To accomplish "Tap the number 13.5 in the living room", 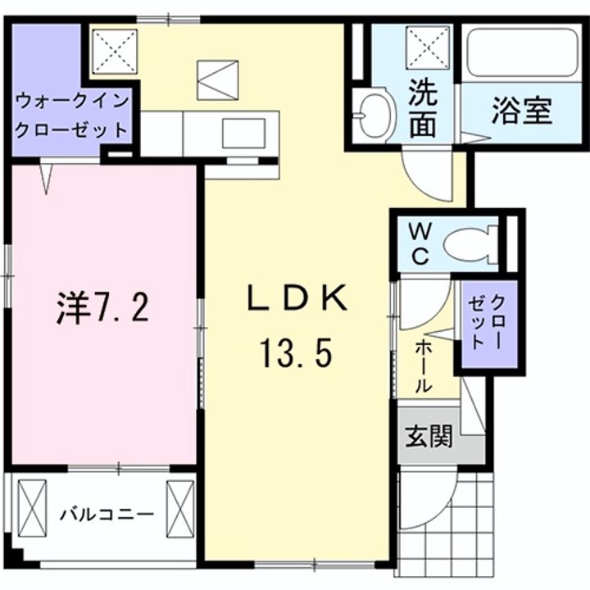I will (x=296, y=354).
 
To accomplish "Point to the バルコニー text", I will (x=107, y=515).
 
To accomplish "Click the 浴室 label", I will (x=520, y=111).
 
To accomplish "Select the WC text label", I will (x=419, y=243).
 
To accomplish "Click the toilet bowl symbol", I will (x=470, y=243).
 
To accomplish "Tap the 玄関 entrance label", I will (x=429, y=437).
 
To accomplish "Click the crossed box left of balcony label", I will (x=35, y=506).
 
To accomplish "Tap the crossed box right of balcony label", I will (x=179, y=506).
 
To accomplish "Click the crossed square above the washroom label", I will (x=429, y=49).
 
